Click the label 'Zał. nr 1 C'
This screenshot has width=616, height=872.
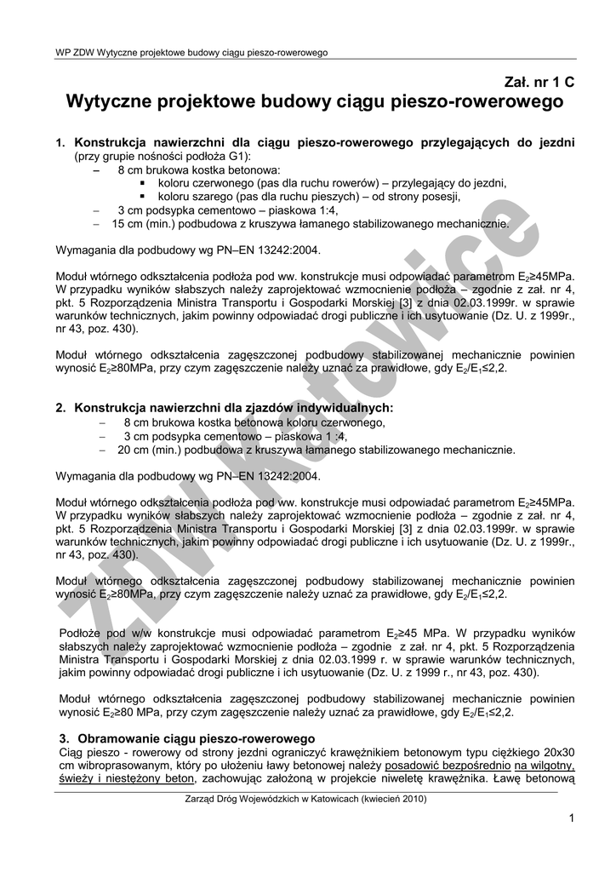[539, 83]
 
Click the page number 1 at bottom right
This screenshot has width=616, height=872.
[573, 818]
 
